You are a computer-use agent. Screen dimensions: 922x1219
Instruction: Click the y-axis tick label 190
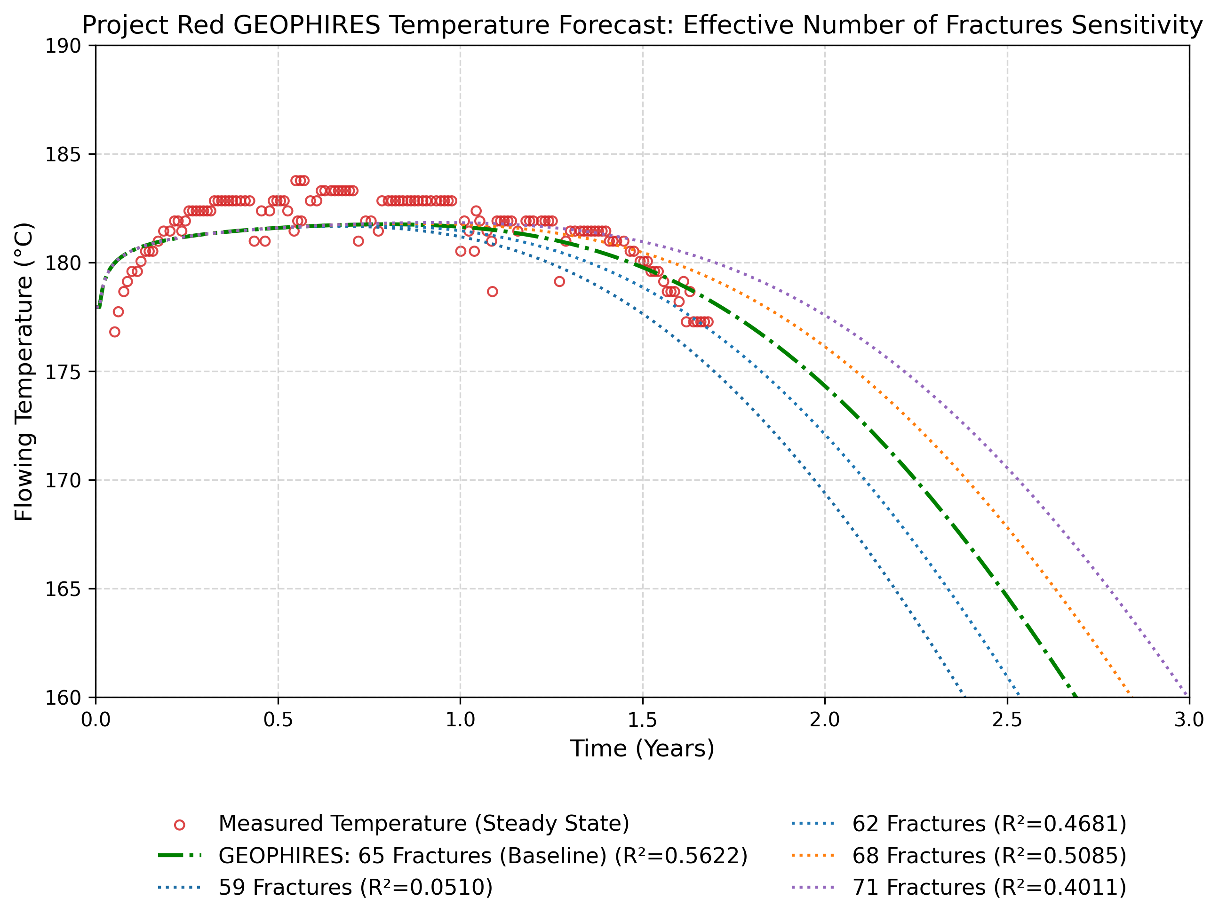tap(63, 46)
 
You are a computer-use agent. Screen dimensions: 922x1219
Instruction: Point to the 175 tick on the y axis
tap(63, 372)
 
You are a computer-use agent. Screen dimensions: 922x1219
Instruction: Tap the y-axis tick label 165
tap(63, 589)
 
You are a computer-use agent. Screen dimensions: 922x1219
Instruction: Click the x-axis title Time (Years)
tap(642, 749)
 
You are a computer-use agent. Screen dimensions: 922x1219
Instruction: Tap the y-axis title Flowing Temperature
tap(24, 372)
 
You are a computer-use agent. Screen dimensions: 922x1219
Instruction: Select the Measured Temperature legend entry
tap(423, 823)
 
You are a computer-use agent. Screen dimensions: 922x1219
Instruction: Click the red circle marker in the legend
tap(179, 825)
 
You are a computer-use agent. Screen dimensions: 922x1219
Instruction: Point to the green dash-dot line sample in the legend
tap(179, 856)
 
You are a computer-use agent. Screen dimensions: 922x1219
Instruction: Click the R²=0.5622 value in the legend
tap(681, 855)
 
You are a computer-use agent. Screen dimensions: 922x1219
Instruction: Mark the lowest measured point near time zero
tap(115, 332)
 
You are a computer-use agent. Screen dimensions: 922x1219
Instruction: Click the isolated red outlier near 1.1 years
tap(492, 292)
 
